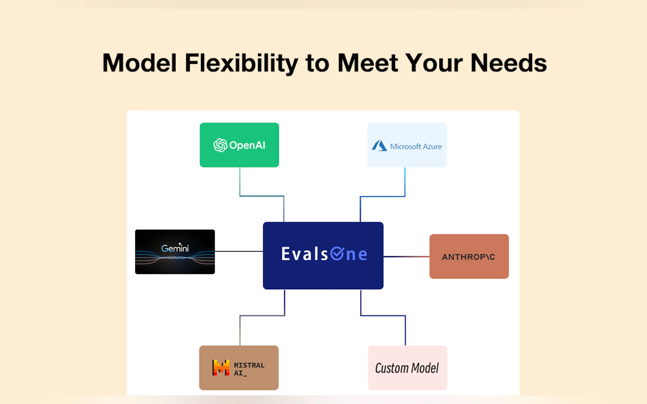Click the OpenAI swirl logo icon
point(220,145)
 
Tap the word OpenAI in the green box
point(247,145)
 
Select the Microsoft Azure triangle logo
point(379,145)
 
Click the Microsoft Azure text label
point(416,147)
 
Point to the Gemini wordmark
point(175,248)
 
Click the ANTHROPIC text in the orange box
point(468,257)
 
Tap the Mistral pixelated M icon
point(221,367)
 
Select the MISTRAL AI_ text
point(249,369)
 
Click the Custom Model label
point(407,368)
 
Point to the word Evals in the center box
point(304,254)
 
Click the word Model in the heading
point(139,63)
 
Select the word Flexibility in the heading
point(241,64)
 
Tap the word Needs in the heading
point(508,63)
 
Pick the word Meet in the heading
point(368,63)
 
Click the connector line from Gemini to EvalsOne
point(239,251)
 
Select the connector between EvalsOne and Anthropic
point(406,256)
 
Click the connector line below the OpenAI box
point(262,196)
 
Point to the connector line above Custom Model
point(383,315)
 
